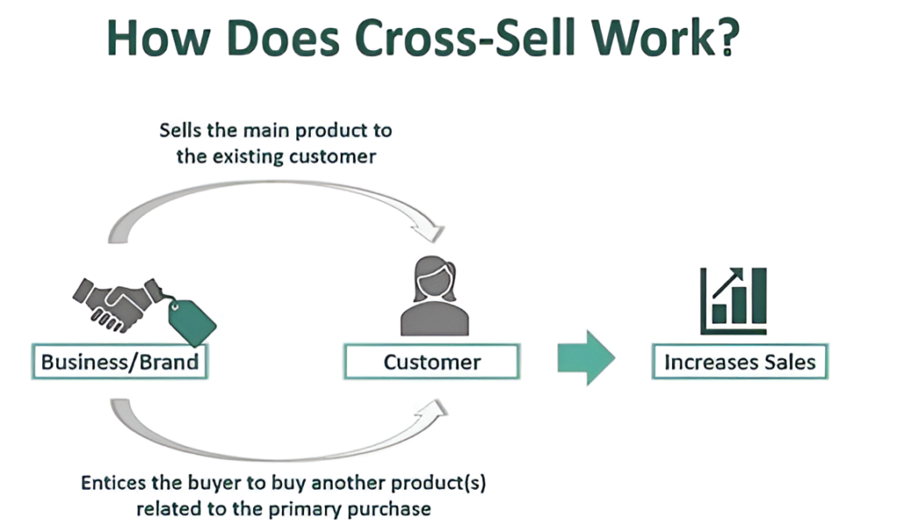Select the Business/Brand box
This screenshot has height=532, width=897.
(119, 362)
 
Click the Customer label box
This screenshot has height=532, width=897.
(432, 362)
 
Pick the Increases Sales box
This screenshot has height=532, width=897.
(739, 362)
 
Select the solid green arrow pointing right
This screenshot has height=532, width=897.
(586, 358)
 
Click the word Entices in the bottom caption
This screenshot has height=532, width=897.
(110, 482)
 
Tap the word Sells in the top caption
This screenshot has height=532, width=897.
(180, 131)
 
